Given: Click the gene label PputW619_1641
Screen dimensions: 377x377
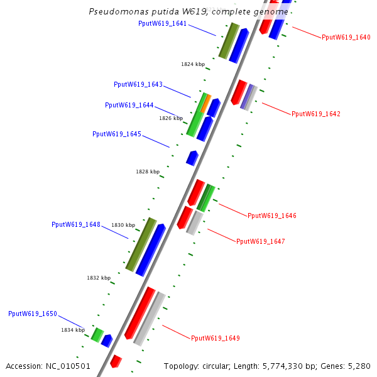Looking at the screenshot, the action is tap(162, 23).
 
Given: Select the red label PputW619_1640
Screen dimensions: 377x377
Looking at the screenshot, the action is tap(346, 37).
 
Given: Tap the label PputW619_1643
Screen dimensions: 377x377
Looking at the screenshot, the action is tap(138, 84).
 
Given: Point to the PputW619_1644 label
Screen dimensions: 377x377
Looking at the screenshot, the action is tap(129, 105).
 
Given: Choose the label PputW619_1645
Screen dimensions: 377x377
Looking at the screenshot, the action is tap(117, 134).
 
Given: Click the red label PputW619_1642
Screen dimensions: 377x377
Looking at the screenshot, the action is tap(316, 114).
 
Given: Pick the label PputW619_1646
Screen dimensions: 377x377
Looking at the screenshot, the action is tap(272, 216).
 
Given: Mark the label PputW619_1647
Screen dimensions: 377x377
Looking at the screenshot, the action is tap(261, 241).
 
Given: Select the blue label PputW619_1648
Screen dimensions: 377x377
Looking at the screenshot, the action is tap(76, 224).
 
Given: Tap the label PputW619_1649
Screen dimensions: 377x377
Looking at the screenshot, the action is tap(216, 338).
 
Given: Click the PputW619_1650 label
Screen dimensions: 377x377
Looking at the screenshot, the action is tap(33, 314).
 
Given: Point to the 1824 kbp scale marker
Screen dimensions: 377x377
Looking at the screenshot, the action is tap(193, 64).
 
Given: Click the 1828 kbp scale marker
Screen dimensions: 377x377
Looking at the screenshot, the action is tap(148, 172).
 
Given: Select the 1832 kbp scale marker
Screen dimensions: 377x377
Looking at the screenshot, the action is tap(99, 278).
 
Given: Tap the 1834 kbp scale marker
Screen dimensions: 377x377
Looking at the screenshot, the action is tap(73, 330).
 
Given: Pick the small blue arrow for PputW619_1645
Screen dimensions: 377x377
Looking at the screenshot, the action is tap(192, 157).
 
